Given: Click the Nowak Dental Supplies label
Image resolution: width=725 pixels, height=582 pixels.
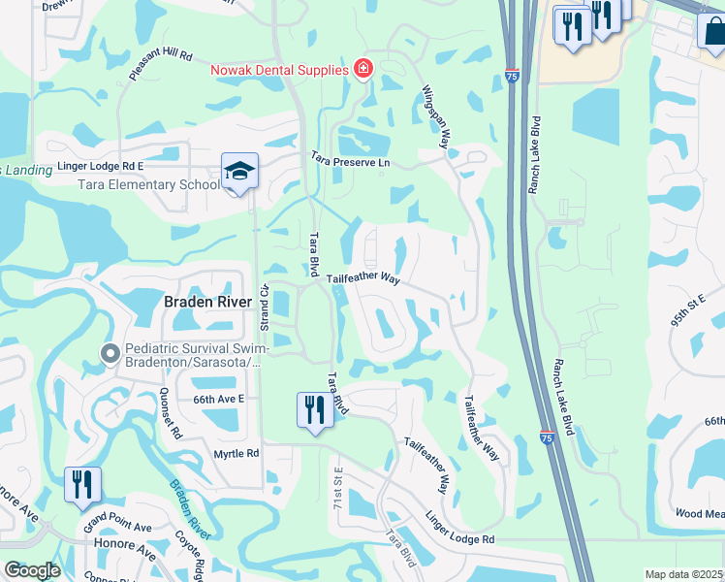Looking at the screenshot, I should pos(280,70).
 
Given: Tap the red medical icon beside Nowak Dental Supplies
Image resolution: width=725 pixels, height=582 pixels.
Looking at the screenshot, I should pos(362,69).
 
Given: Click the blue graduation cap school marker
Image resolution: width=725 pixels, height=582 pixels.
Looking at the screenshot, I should pos(238,173).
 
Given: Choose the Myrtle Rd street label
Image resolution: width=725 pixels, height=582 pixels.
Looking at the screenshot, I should pos(237,453).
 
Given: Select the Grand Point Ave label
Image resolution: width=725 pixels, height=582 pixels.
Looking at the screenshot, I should pos(117,528).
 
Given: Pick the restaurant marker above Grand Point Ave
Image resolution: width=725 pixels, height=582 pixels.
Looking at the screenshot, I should pos(81,484).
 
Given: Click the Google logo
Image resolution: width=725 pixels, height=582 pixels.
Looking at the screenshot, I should pos(32,570).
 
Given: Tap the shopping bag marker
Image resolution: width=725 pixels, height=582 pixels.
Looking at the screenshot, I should pos(711,30).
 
